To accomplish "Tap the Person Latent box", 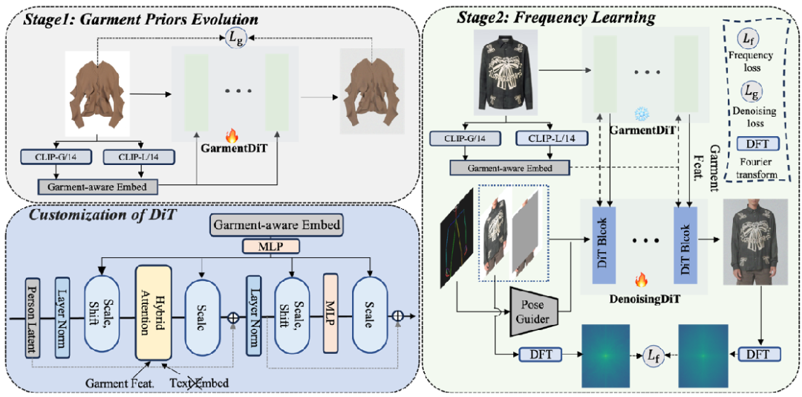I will tap(32, 317).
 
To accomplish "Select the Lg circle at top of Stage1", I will tap(235, 36).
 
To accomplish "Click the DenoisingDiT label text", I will tap(636, 299).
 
